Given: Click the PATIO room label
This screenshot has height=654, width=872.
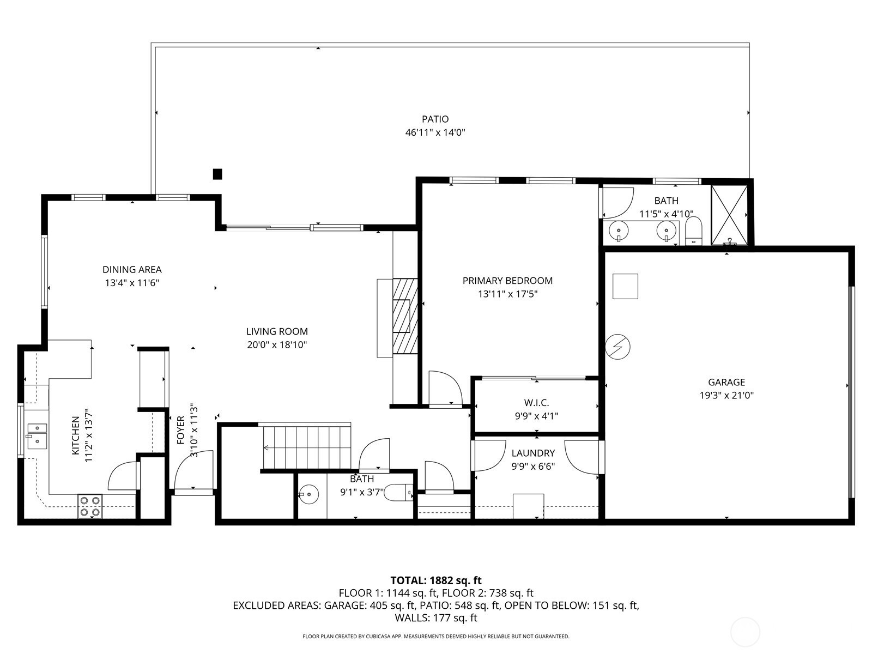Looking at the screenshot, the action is tap(435, 119).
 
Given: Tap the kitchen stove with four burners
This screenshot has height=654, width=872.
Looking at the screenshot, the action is tap(90, 506).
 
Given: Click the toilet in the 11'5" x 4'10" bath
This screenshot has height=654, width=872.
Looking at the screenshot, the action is tap(694, 231).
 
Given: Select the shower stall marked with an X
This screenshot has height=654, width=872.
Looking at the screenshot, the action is tap(729, 215).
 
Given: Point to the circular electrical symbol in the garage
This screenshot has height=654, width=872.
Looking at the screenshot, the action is tap(617, 347).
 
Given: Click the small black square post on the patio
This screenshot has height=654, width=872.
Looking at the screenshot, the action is tap(217, 174).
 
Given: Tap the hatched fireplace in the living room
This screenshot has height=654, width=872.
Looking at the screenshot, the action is tap(405, 316).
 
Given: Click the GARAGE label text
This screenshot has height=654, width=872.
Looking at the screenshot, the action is tap(726, 382).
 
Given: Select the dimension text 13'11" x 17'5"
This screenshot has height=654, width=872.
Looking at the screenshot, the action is tap(508, 294).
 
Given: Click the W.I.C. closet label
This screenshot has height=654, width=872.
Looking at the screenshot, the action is tap(536, 403).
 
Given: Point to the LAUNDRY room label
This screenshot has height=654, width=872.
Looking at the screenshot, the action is tap(533, 453).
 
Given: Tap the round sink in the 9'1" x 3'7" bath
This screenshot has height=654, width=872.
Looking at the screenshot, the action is tap(308, 494).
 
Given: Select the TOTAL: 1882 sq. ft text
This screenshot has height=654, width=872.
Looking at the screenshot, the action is tap(436, 580).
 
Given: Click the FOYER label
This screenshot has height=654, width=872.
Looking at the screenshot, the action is tap(181, 429).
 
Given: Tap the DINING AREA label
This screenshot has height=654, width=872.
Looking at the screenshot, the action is tap(132, 270).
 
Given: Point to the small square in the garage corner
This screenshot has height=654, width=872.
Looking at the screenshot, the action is tap(625, 286).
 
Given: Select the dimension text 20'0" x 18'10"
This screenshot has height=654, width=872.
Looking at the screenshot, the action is tap(277, 344).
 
